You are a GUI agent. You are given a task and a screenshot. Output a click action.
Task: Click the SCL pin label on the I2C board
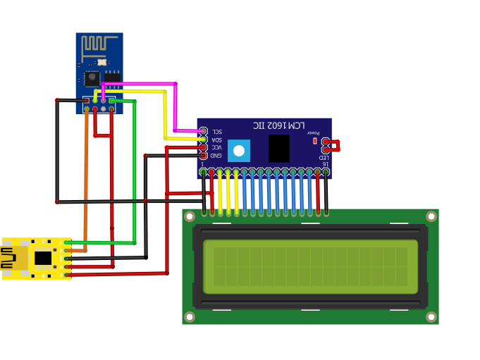216,132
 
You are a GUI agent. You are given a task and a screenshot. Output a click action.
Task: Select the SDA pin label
216,139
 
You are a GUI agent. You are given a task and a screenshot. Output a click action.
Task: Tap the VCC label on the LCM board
216,147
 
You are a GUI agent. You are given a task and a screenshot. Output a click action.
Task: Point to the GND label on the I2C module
216,155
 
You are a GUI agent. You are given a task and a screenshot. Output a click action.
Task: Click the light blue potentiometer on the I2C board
239,150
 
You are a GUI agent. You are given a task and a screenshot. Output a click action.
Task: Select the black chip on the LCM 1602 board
278,149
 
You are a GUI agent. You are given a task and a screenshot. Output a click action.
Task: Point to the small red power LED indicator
314,141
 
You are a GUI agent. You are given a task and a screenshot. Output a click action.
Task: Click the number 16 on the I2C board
324,164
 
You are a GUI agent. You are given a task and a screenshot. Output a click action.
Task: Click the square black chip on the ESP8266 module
92,78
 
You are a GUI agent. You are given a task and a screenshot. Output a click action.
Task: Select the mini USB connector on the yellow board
13,259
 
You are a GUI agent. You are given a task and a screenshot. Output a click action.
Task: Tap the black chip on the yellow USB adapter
43,258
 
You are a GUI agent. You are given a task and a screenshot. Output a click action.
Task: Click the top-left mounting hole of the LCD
190,216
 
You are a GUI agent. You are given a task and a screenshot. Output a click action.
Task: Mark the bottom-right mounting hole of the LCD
431,317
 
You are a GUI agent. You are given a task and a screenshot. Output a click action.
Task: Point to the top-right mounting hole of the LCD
431,216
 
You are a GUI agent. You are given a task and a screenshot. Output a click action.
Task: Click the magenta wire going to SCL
175,106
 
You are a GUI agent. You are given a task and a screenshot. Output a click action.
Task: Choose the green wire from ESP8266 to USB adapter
134,176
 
